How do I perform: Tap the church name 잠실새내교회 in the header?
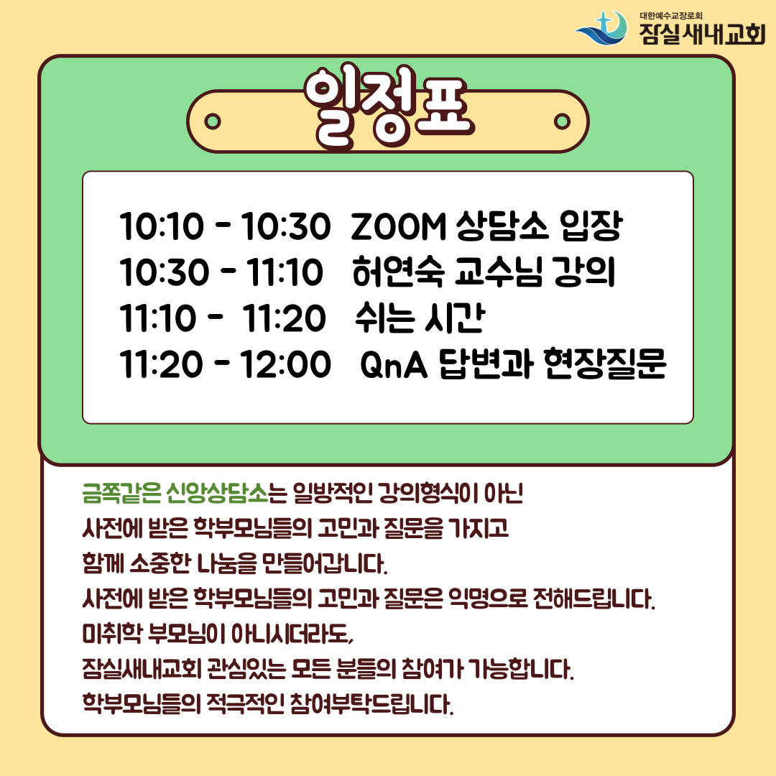point(702,34)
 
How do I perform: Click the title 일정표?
point(389,107)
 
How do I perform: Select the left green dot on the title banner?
point(213,121)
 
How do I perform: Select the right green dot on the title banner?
point(562,121)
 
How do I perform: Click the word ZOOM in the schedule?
point(398,226)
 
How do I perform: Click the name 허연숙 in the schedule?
point(398,272)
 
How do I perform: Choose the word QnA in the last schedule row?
point(394,365)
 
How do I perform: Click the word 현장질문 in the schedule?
point(605,364)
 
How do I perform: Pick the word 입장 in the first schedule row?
point(591,226)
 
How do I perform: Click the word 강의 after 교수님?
point(584,272)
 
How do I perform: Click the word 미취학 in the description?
point(112,634)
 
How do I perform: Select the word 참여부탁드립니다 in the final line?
point(371,703)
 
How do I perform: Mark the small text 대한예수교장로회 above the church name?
point(670,16)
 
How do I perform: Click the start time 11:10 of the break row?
point(158,318)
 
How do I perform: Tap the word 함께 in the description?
point(103,563)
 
